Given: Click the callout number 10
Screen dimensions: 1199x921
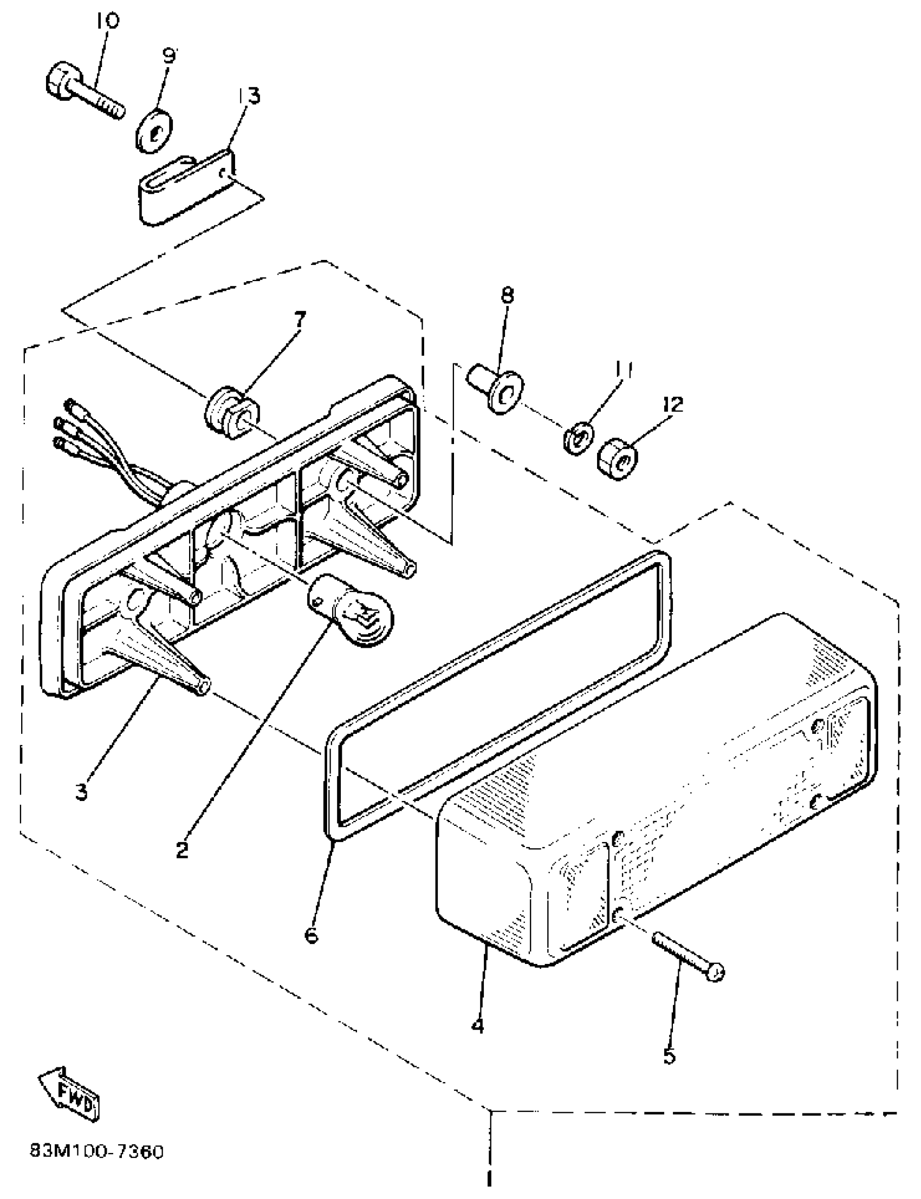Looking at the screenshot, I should coord(107,21).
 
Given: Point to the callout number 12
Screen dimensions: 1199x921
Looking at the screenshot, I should coord(674,405).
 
